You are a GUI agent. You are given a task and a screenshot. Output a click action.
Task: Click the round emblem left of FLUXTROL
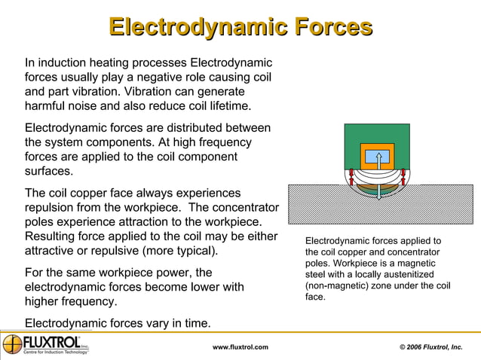tap(12, 344)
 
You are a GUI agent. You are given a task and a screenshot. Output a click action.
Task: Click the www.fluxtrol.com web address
tap(240, 347)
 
